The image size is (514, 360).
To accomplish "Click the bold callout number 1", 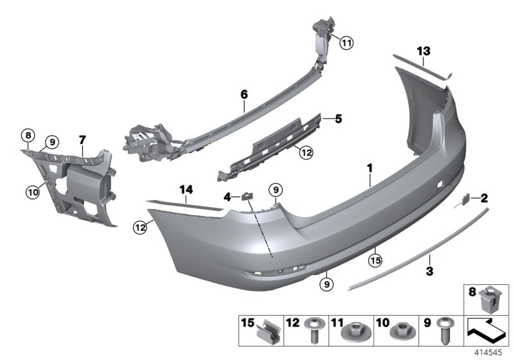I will click(x=370, y=168).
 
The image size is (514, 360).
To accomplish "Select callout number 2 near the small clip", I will click(x=484, y=198).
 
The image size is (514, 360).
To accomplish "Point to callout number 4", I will click(x=227, y=197).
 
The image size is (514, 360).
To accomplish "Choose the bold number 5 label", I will click(x=339, y=118).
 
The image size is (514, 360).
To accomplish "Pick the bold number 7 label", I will click(x=82, y=139).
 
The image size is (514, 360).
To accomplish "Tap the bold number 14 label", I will click(x=186, y=190).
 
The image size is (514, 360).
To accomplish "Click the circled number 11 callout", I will click(x=346, y=44).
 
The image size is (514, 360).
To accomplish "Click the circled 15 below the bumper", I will click(x=375, y=260).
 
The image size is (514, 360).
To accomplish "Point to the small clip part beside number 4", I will click(x=247, y=196).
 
